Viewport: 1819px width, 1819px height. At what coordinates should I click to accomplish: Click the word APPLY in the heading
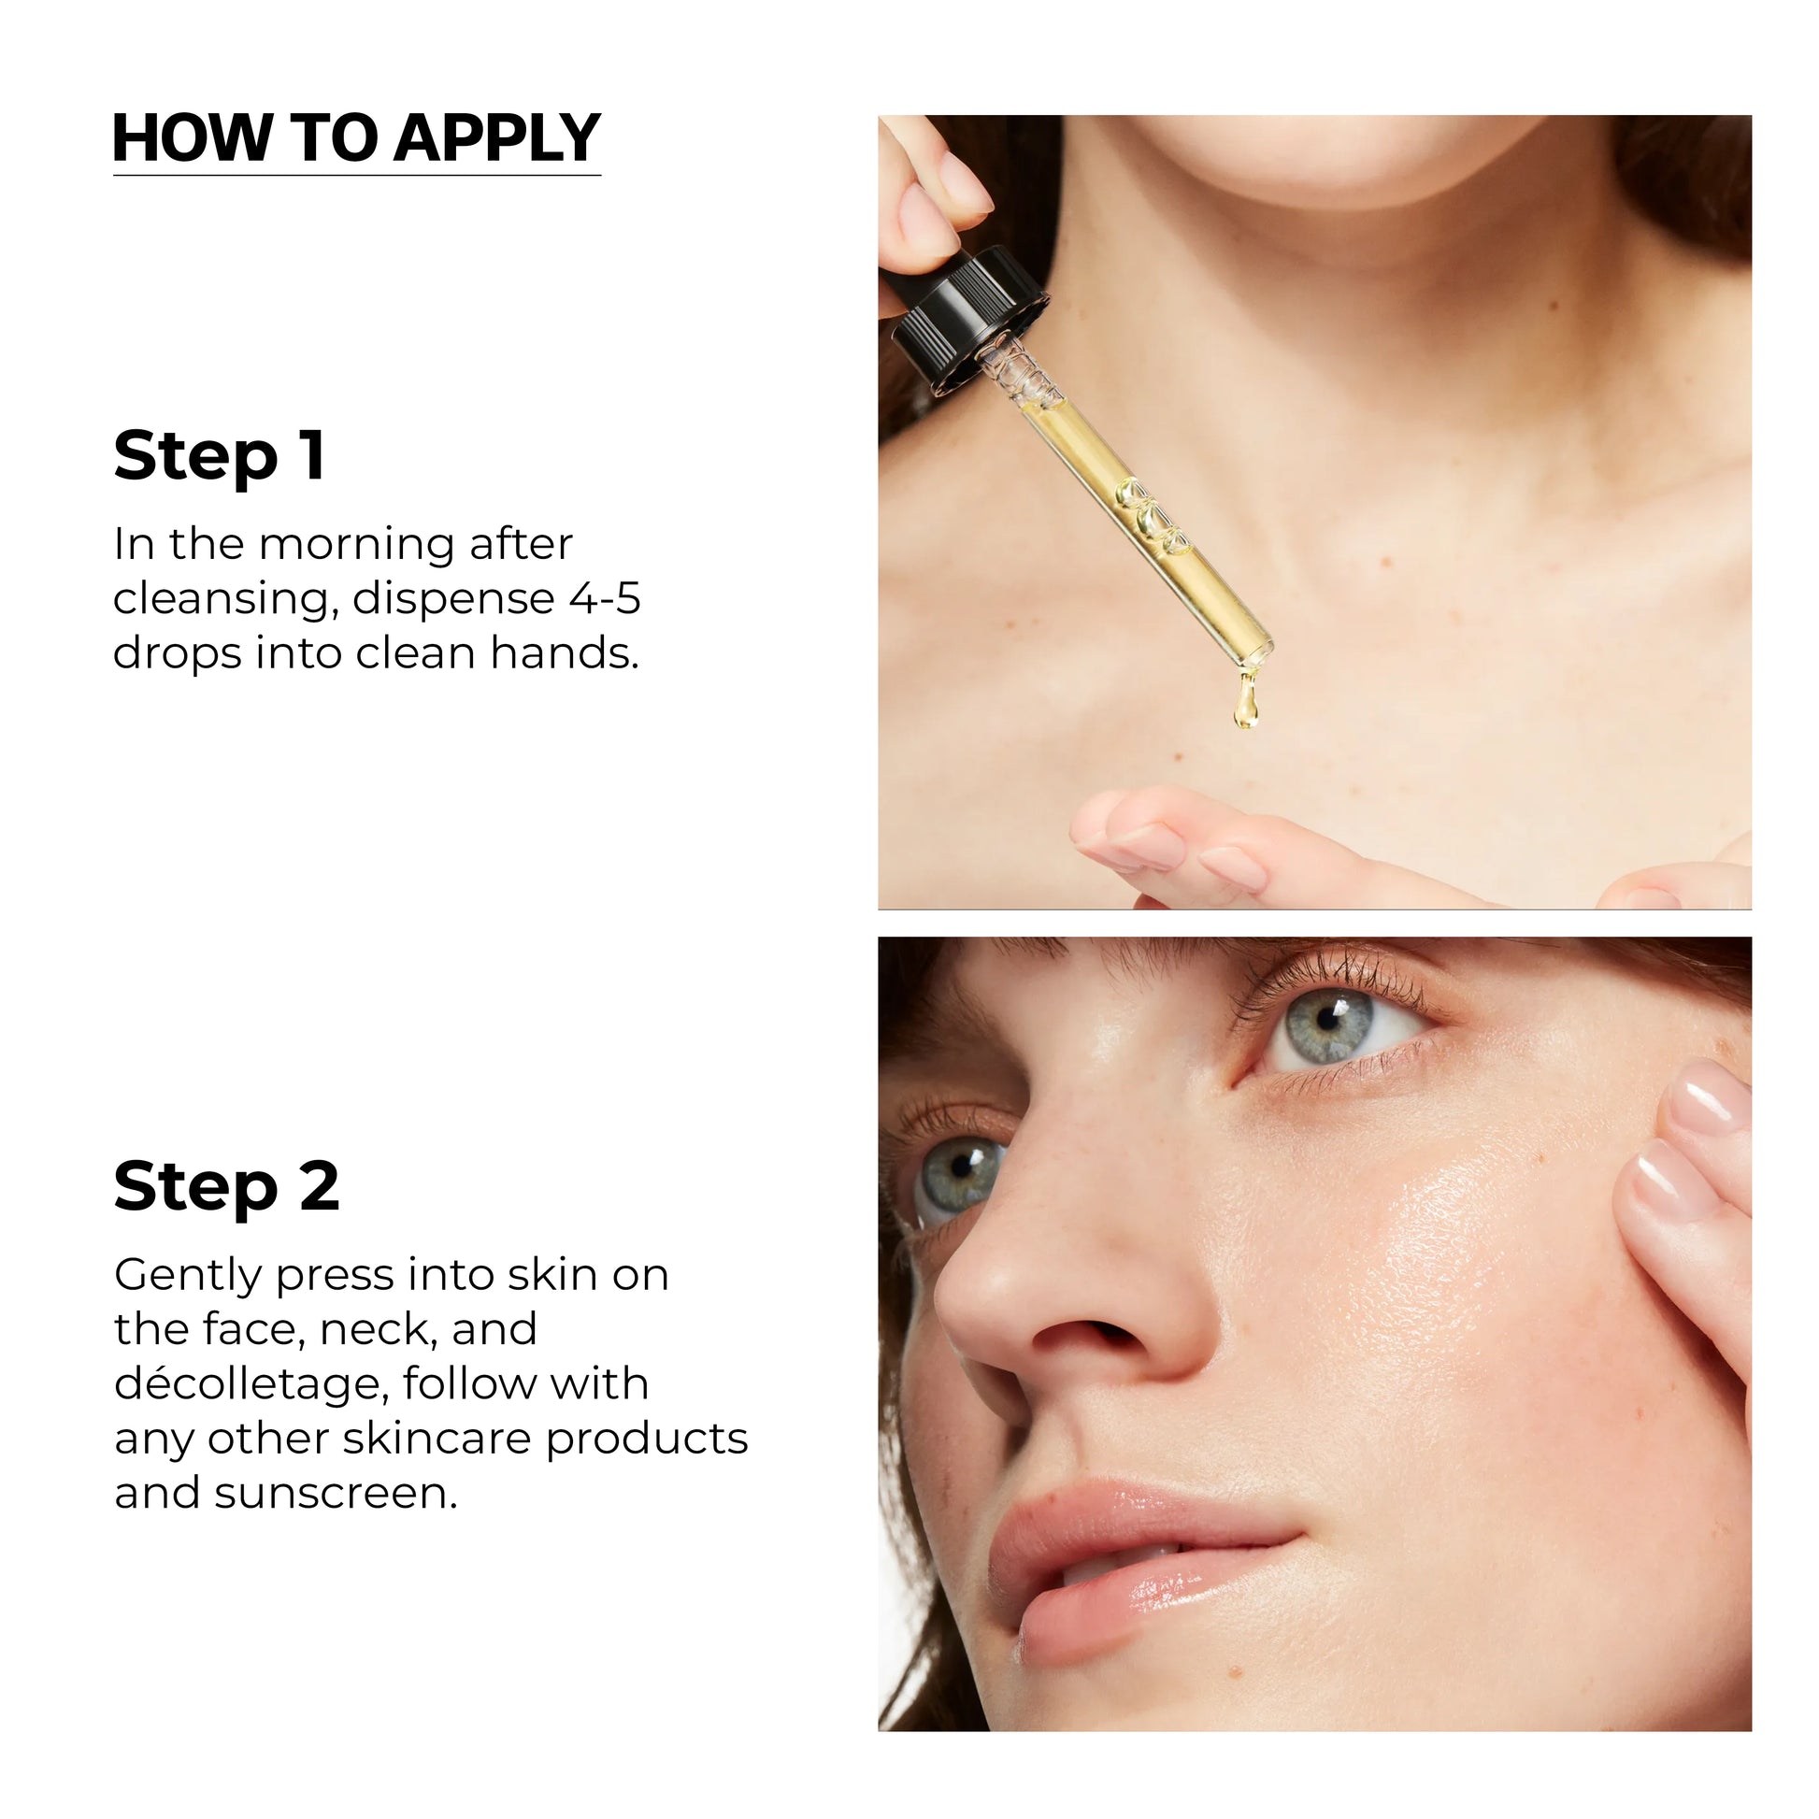497,138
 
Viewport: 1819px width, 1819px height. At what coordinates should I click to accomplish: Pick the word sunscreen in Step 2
336,1493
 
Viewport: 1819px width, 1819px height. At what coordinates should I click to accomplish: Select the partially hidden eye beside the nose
955,1178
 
